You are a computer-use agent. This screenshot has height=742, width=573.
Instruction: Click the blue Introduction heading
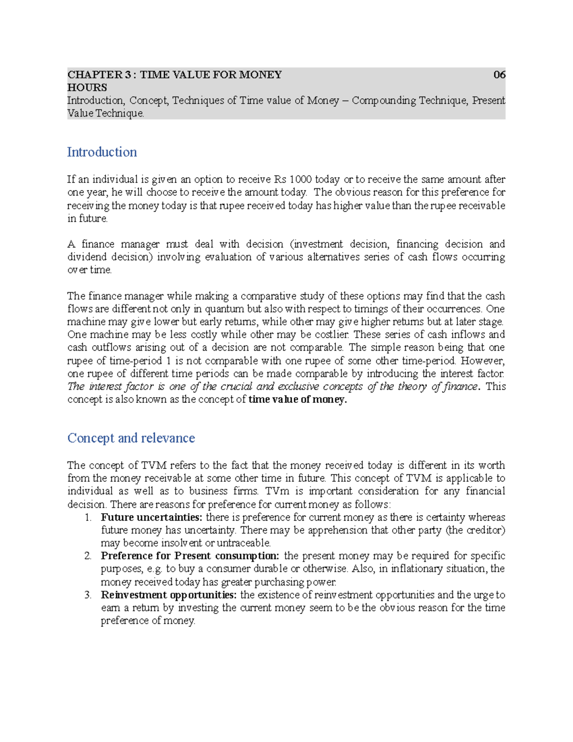pos(102,152)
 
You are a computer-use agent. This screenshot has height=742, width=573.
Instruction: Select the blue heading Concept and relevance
pos(131,438)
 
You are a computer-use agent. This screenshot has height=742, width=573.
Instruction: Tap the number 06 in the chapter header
pos(499,75)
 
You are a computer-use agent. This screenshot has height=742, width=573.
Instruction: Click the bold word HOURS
pos(87,87)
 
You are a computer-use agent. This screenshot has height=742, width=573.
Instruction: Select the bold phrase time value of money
pos(297,400)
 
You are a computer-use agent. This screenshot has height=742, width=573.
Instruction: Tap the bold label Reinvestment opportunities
pos(169,595)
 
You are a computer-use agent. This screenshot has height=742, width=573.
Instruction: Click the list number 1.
pos(87,517)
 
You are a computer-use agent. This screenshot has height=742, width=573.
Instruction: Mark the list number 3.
pos(87,595)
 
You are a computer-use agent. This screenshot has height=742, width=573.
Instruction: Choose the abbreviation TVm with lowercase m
pos(277,491)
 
